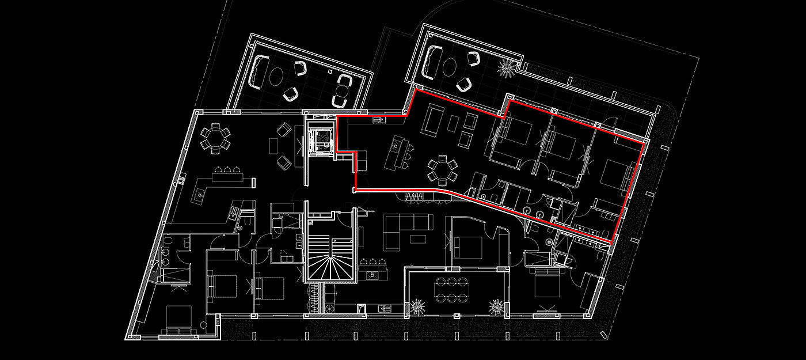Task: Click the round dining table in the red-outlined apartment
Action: click(442, 168)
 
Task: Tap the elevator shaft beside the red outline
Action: click(319, 139)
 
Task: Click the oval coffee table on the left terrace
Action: click(276, 77)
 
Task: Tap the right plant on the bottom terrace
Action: click(496, 306)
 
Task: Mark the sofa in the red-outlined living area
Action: click(433, 120)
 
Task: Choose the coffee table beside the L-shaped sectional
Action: click(417, 238)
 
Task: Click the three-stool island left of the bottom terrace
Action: click(375, 268)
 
